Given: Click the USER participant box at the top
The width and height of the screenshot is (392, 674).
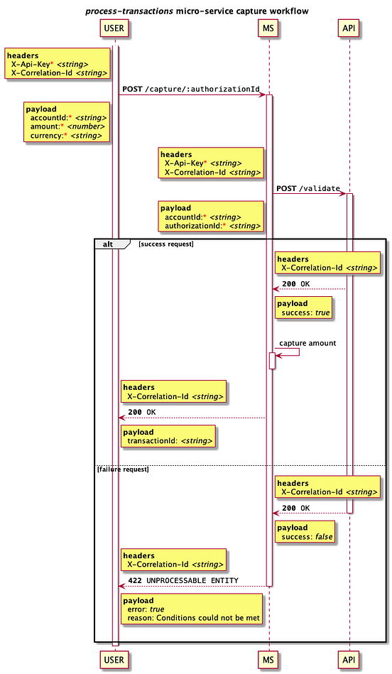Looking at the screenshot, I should [x=114, y=28].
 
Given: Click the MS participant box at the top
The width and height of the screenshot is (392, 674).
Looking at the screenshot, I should [x=269, y=28].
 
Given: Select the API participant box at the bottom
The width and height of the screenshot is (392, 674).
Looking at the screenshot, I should [x=349, y=660].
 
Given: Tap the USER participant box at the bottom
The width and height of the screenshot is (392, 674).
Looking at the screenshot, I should [x=114, y=660].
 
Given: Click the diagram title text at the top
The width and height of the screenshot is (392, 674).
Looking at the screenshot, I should [x=197, y=11].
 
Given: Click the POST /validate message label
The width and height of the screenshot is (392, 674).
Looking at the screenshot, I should [x=307, y=188].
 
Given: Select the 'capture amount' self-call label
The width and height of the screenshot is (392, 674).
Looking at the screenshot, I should [x=307, y=343].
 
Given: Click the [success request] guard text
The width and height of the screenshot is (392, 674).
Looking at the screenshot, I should [x=165, y=244].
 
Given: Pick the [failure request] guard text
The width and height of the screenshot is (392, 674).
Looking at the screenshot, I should [x=123, y=469].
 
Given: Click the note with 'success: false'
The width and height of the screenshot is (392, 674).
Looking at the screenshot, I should [x=305, y=532].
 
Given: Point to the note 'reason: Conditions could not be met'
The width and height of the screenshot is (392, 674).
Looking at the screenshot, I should [x=191, y=610].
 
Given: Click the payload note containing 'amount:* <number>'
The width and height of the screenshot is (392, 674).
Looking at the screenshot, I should [x=67, y=122].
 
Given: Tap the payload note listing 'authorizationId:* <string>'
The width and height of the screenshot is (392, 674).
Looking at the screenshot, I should [x=212, y=217].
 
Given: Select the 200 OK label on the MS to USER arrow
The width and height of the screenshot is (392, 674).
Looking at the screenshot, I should [x=141, y=412].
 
